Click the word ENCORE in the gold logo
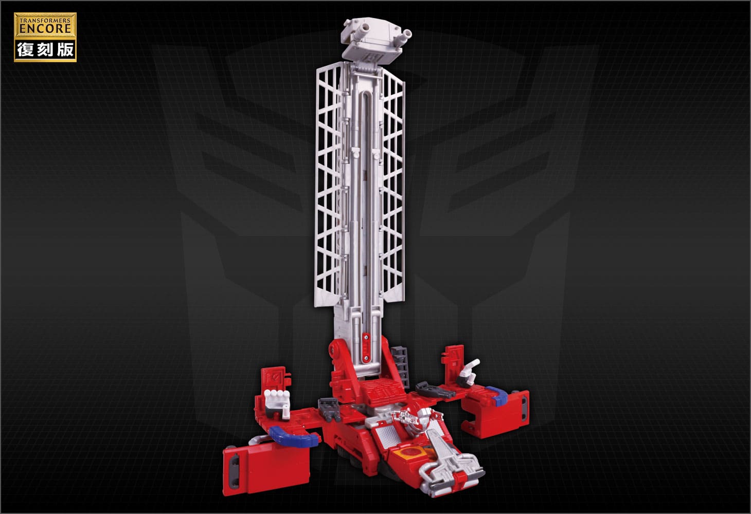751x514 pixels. click(45, 28)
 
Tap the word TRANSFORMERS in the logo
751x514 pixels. click(45, 21)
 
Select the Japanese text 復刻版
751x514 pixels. click(45, 50)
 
